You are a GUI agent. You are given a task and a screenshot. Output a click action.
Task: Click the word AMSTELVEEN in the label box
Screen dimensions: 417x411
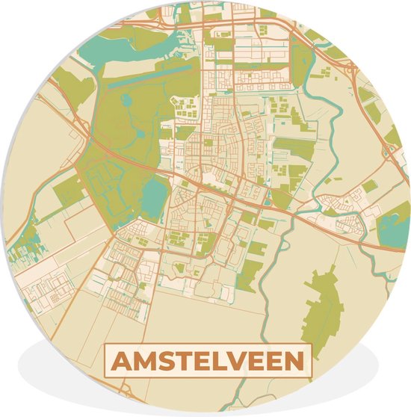[x=208, y=361]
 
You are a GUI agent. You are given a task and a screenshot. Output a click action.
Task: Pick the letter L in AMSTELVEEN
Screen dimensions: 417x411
[x=222, y=361]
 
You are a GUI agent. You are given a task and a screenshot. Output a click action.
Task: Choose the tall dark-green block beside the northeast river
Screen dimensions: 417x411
[x=301, y=63]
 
